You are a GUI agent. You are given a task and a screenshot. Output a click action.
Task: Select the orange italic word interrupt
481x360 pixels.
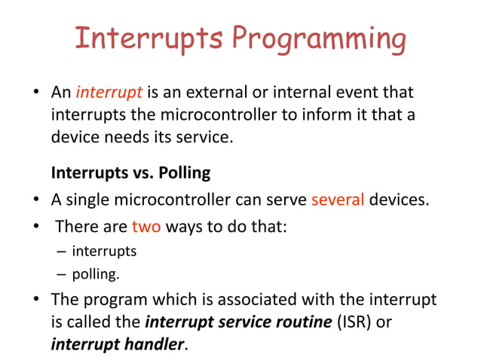tap(109, 93)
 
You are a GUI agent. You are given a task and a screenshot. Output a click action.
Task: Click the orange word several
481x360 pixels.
tap(338, 200)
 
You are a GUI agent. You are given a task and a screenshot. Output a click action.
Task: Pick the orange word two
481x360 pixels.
tap(146, 226)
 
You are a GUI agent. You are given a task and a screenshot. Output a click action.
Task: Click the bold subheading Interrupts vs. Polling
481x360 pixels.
tap(130, 172)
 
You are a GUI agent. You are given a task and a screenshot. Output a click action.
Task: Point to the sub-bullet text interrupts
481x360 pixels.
tap(104, 250)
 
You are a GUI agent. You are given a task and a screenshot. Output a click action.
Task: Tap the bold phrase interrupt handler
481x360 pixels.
tap(117, 346)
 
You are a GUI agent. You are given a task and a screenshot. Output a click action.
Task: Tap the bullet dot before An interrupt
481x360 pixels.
tap(35, 94)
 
